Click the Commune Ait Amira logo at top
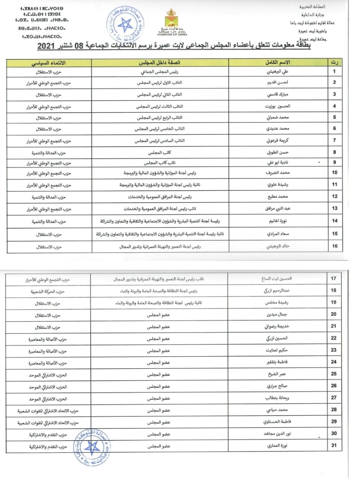[x=172, y=23]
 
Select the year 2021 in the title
[x=46, y=47]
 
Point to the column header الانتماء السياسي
[x=49, y=63]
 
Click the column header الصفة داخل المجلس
[x=159, y=63]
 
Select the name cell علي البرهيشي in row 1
[x=277, y=71]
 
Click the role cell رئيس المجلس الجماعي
[x=160, y=72]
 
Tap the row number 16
[x=335, y=246]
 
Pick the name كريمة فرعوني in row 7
[x=277, y=140]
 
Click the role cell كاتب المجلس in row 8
[x=159, y=152]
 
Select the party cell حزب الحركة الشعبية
[x=48, y=291]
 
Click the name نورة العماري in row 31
[x=277, y=446]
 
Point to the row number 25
[x=333, y=374]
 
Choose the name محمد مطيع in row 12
[x=277, y=196]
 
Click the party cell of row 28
[x=48, y=411]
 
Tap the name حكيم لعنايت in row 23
[x=277, y=350]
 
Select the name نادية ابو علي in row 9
[x=277, y=162]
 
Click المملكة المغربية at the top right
[x=312, y=7]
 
